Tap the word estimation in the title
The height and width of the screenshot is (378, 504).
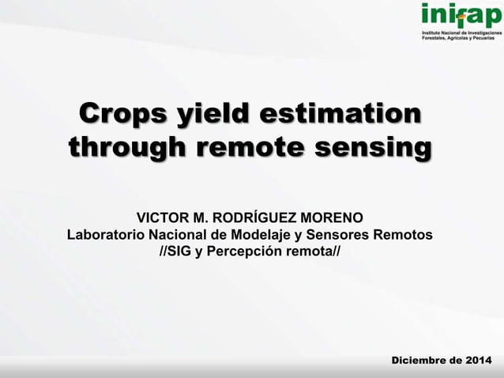340,113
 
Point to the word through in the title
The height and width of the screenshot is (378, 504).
126,148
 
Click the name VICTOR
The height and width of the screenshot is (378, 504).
163,217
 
